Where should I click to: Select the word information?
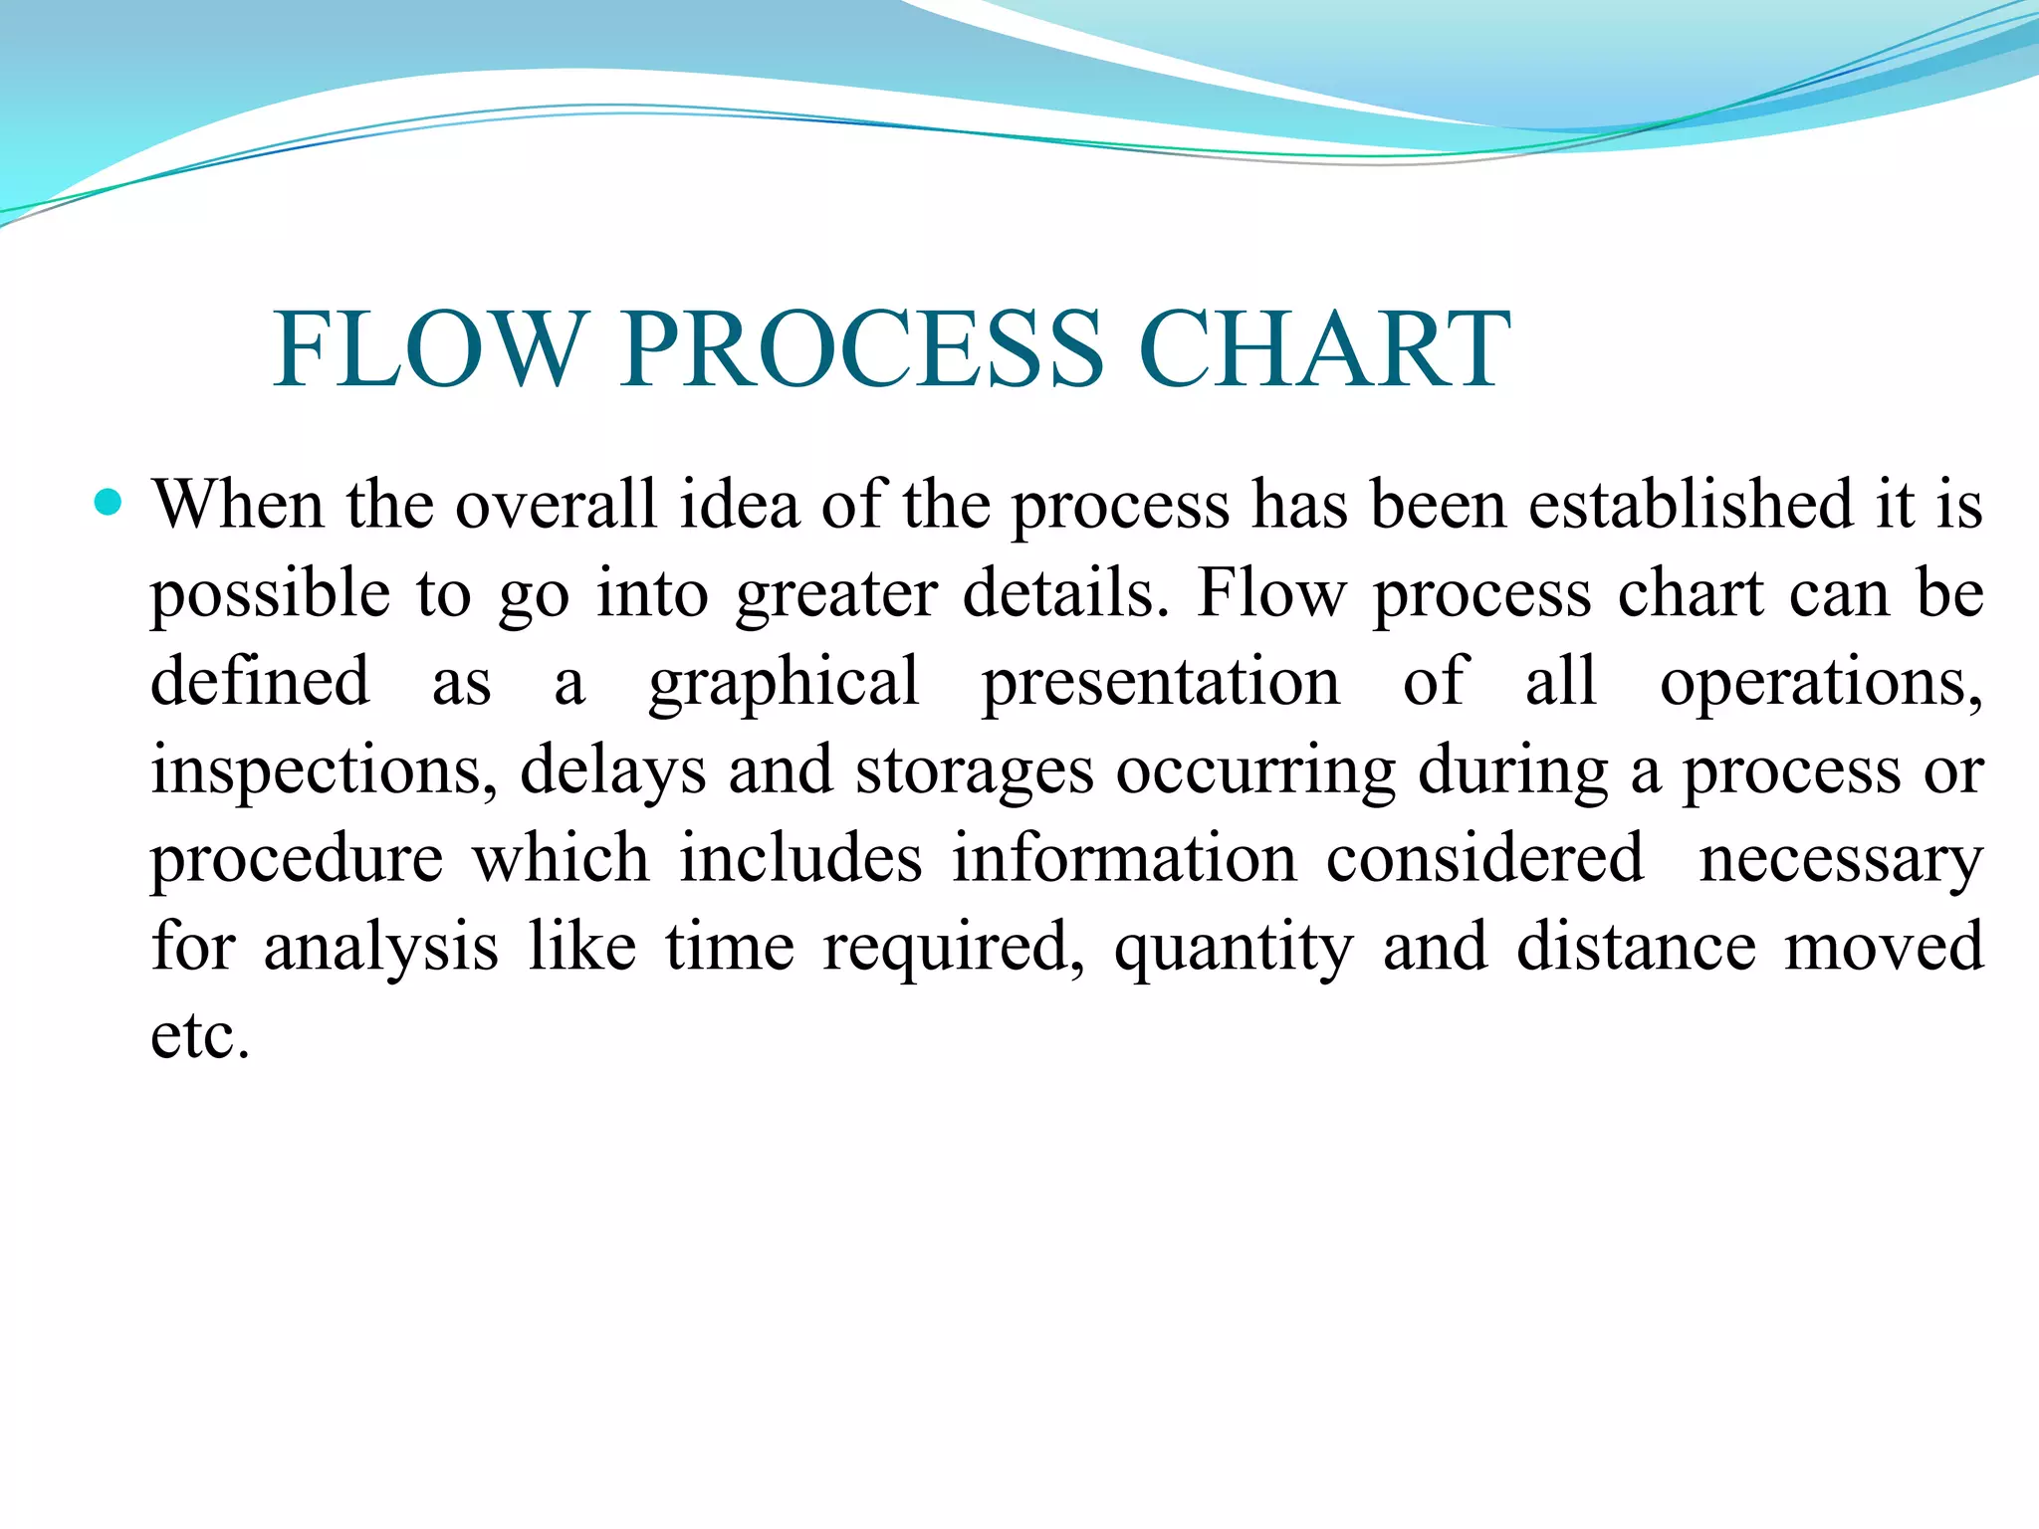[1124, 858]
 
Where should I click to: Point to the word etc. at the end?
[199, 1036]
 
